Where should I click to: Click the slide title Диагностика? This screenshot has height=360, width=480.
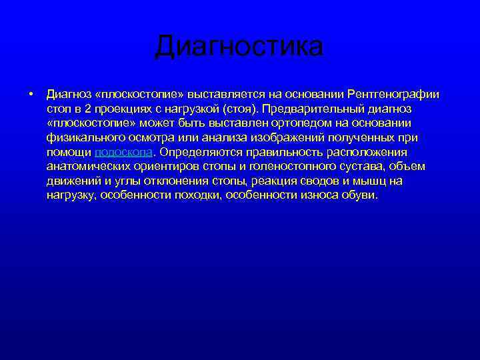(x=239, y=47)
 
